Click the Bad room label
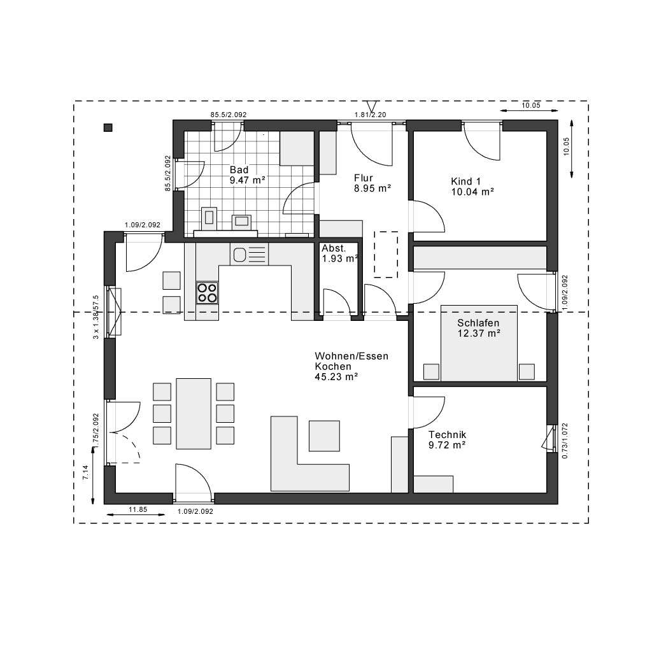pos(239,170)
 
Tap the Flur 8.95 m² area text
pos(372,188)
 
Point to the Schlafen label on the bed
pos(478,323)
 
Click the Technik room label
pos(447,434)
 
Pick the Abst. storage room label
pos(334,248)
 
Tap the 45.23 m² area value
pos(336,377)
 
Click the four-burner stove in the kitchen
pos(207,292)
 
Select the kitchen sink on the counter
pos(240,255)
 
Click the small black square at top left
pos(108,127)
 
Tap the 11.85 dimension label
pos(138,509)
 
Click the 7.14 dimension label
pos(85,472)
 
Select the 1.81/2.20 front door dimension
pos(371,115)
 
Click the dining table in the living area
pos(194,414)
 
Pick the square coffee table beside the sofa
pos(325,436)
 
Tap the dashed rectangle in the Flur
pos(386,254)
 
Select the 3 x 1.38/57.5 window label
pos(96,317)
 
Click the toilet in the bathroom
pos(209,218)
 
